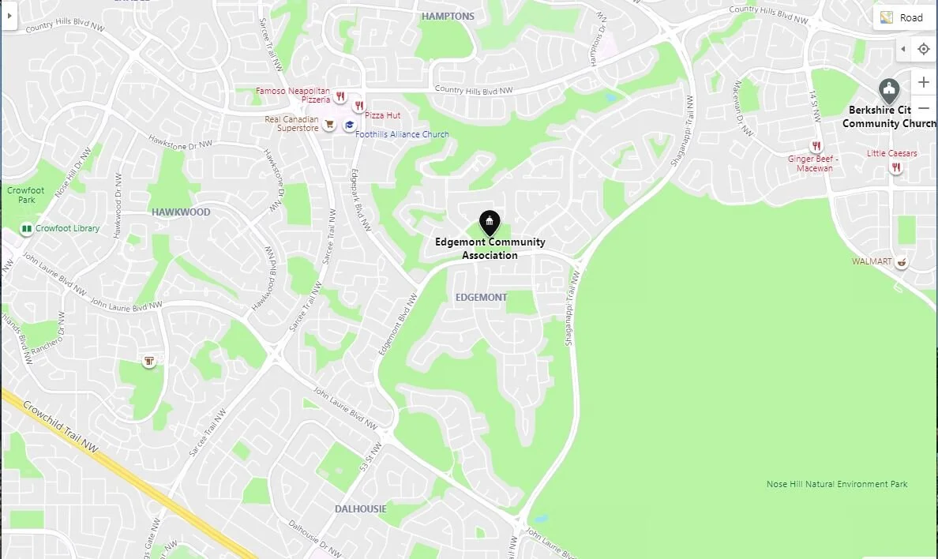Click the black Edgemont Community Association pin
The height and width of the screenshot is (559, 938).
click(490, 223)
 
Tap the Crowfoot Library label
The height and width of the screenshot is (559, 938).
click(67, 229)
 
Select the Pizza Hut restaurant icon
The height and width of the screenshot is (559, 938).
click(358, 106)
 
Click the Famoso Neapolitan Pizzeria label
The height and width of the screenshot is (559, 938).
click(293, 96)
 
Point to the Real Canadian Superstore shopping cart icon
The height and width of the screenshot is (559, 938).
click(329, 124)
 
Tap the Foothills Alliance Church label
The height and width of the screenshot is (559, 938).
click(402, 135)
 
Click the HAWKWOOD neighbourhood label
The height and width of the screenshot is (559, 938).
click(181, 212)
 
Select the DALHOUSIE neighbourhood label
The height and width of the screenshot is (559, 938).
click(360, 509)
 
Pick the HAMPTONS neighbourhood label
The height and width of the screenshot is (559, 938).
click(448, 17)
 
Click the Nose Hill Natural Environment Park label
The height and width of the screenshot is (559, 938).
click(837, 485)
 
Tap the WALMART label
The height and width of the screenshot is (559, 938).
click(872, 261)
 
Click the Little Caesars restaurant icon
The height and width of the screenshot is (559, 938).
click(896, 167)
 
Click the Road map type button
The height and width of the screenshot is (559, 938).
click(903, 17)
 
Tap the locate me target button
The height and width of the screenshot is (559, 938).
click(924, 49)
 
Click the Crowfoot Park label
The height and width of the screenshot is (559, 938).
click(26, 195)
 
